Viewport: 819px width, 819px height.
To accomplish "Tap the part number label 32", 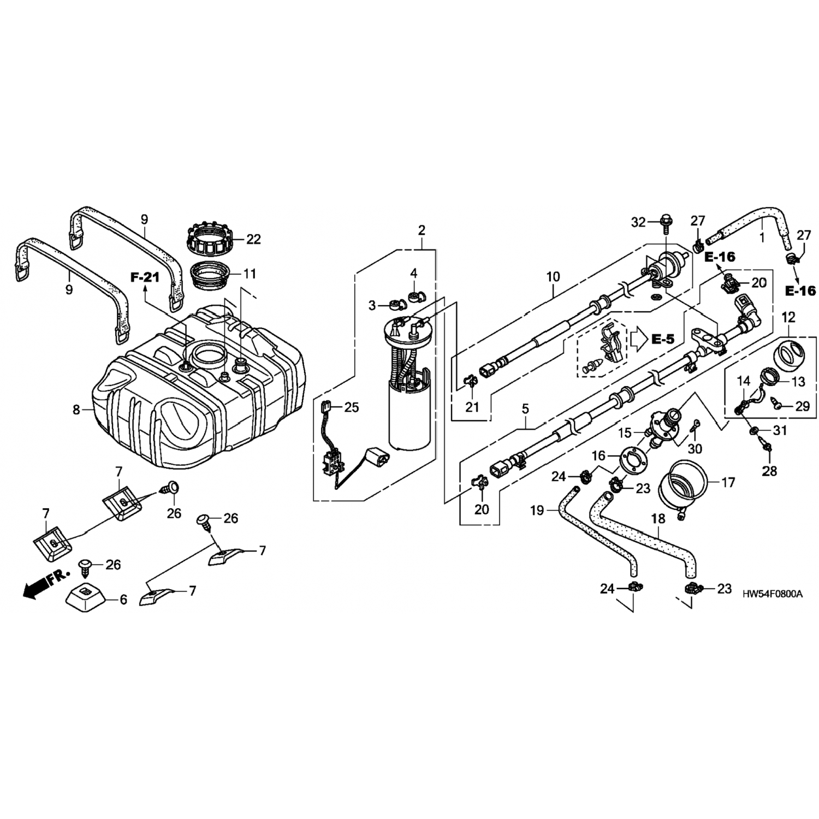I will coord(638,222).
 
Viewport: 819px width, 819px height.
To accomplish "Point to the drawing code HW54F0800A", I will coord(773,594).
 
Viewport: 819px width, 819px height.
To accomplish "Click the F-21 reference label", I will coord(145,277).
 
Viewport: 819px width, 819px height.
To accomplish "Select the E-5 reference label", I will coord(662,339).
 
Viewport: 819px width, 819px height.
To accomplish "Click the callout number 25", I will coord(352,407).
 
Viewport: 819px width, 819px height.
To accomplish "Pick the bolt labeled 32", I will coord(666,222).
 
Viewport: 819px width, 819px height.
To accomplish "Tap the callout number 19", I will coord(537,511).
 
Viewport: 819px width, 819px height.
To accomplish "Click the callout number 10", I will coord(553,277).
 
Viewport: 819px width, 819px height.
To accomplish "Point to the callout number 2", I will coord(422,230).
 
